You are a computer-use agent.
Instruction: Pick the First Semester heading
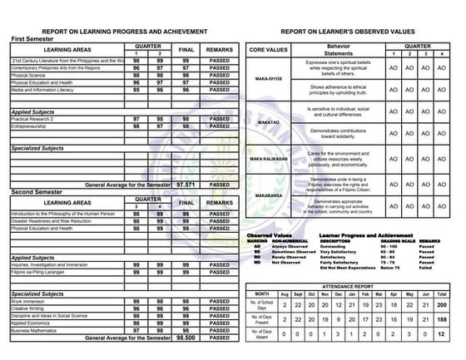pyautogui.click(x=37, y=39)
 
